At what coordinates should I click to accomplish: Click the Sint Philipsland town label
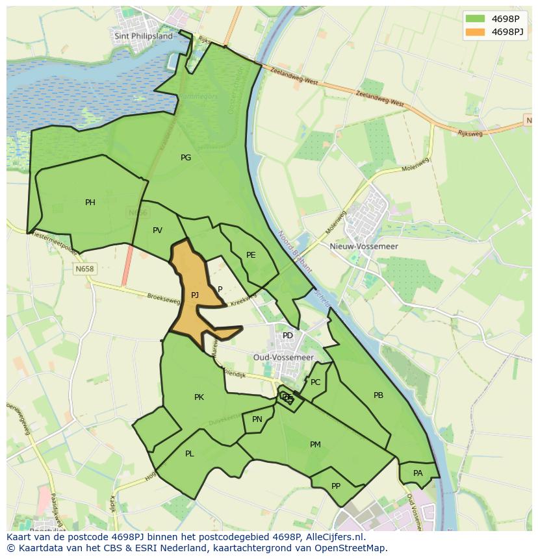click(x=144, y=36)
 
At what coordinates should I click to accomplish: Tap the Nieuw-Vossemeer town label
click(x=373, y=247)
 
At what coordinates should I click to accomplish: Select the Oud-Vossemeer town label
click(x=283, y=357)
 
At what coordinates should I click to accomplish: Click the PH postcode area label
click(x=90, y=203)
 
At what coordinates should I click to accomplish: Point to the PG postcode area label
click(x=186, y=157)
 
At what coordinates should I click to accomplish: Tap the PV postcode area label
click(x=157, y=230)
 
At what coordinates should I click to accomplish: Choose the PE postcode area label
click(x=251, y=255)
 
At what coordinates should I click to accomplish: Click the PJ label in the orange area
click(x=195, y=295)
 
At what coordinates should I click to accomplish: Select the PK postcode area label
click(x=199, y=397)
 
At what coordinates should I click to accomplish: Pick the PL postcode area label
click(x=190, y=454)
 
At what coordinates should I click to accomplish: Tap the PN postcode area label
click(x=257, y=419)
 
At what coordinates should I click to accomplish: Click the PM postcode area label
click(x=315, y=445)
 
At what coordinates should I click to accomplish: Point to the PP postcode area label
click(x=336, y=486)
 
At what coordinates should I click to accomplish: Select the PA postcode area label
click(x=418, y=473)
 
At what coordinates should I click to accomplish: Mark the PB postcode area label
click(x=378, y=395)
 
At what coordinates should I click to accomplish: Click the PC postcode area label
click(x=316, y=382)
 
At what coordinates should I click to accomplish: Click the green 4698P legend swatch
click(x=476, y=18)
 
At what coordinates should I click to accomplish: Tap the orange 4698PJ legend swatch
click(x=476, y=32)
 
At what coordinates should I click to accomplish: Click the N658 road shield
click(x=84, y=269)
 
